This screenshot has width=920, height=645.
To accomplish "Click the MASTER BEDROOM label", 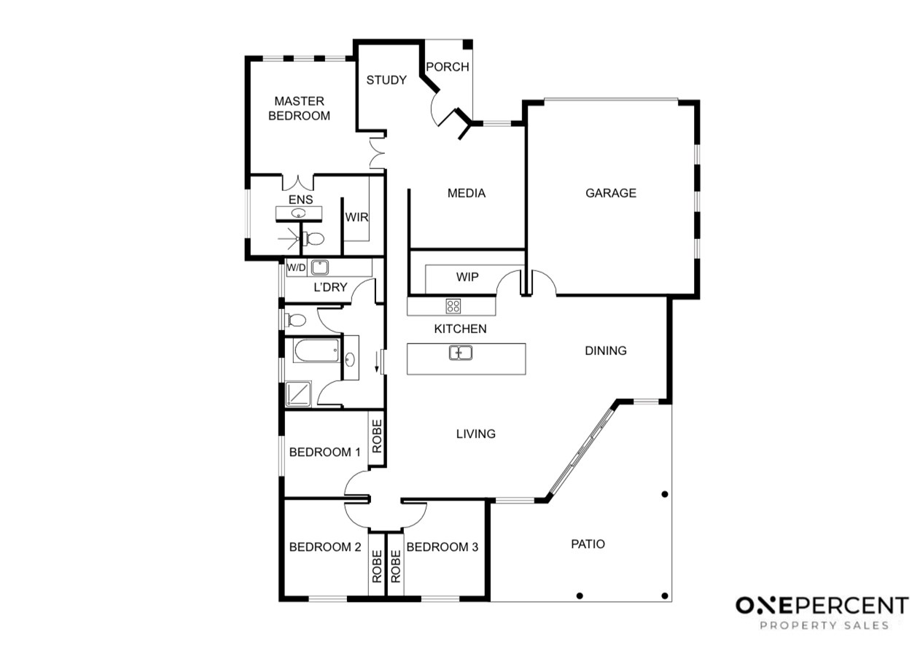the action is [x=299, y=109].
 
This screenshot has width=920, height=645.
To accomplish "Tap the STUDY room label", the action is [x=386, y=80].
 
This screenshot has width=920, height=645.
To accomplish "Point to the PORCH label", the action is [x=448, y=67].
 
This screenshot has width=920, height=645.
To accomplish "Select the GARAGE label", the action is [x=611, y=193].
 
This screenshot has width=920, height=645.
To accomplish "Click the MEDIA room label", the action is [x=466, y=193].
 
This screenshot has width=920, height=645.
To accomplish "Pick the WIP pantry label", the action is [x=467, y=277].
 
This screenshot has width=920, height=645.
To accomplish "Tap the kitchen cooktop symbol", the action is [x=453, y=306].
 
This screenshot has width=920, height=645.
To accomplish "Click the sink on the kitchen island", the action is [x=461, y=353].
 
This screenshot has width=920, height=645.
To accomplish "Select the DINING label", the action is [x=605, y=351].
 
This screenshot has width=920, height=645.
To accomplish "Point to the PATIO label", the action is [x=588, y=544].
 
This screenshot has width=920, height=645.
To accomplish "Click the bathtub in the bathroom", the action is [x=316, y=351].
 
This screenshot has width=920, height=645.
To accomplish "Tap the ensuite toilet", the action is [x=313, y=238].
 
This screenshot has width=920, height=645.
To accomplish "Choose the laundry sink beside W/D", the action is [x=319, y=267].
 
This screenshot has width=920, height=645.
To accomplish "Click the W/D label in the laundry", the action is [x=296, y=267].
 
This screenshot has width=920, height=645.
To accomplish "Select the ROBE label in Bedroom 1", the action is [x=377, y=436].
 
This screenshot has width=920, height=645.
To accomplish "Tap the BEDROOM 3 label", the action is [x=443, y=547].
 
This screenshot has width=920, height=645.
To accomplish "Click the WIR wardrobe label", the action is [x=356, y=217].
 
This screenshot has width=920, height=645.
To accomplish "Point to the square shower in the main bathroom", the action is [x=298, y=394].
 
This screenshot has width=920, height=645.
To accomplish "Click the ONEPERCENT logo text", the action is [x=822, y=606].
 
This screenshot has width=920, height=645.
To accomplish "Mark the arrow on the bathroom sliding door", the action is [x=377, y=362].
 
